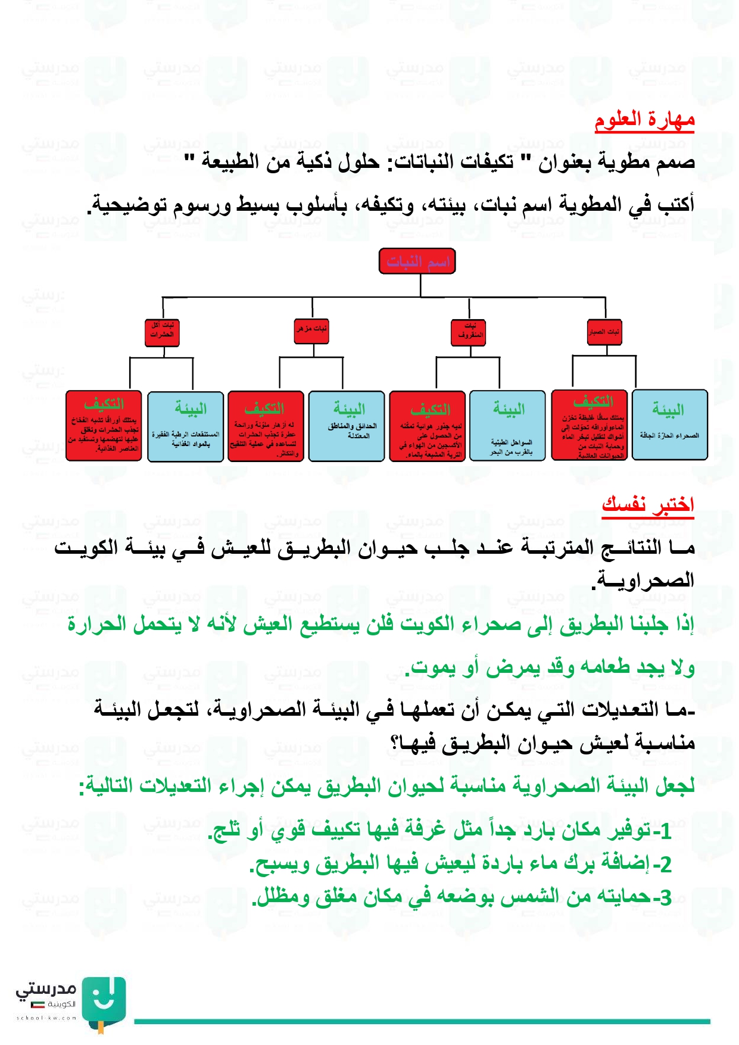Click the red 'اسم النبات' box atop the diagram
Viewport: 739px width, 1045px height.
coord(417,261)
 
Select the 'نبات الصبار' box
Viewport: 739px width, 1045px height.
coord(604,332)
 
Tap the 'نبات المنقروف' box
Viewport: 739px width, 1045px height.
coord(470,332)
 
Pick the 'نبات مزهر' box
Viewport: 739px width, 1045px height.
coord(311,329)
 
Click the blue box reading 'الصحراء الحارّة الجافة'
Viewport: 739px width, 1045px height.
coord(669,425)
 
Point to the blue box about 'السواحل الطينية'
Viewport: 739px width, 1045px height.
coord(508,425)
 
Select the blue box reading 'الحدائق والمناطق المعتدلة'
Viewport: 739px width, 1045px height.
coord(347,425)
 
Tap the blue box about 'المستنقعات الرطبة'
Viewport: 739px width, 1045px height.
coord(186,426)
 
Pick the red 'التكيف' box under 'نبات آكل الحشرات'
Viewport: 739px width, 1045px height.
coord(104,425)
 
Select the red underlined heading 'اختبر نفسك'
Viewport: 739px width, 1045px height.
coord(648,504)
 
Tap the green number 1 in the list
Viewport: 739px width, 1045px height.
coord(666,832)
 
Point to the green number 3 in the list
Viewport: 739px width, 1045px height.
coord(666,897)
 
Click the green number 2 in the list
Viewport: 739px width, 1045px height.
coord(666,865)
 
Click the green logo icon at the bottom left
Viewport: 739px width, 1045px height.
coord(104,1002)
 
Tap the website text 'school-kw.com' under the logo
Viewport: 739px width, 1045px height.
coord(46,1018)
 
